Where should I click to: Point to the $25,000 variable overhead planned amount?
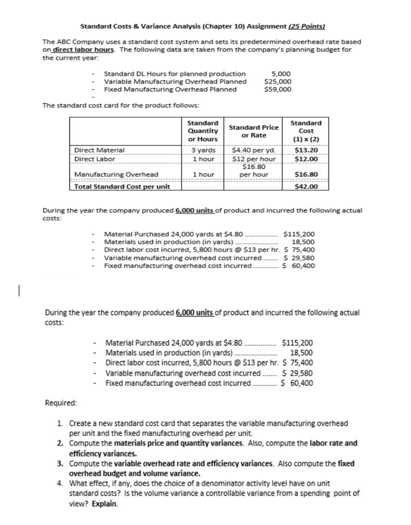(x=278, y=82)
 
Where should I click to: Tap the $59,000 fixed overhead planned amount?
(x=278, y=89)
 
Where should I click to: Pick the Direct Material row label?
(x=99, y=150)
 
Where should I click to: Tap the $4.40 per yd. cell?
(x=254, y=150)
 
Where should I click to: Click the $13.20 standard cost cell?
(x=306, y=150)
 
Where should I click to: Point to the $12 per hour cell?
(x=254, y=158)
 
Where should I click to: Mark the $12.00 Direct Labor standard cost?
(x=306, y=158)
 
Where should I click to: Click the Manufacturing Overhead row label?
(x=116, y=175)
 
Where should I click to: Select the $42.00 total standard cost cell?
(x=306, y=186)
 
